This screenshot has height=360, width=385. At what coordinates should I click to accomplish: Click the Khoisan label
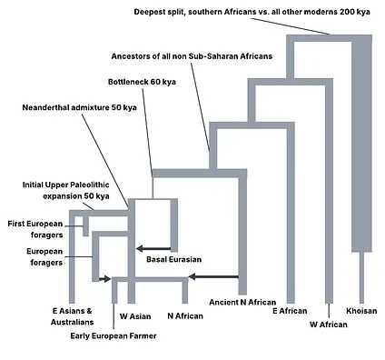[x=361, y=310]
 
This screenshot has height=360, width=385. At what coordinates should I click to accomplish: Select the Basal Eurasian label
[x=174, y=259]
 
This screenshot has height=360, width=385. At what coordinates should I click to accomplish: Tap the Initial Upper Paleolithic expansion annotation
[x=65, y=190]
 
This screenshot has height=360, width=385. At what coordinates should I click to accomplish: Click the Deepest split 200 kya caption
[x=263, y=12]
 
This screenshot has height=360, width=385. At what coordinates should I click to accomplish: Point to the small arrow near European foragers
[x=104, y=279]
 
